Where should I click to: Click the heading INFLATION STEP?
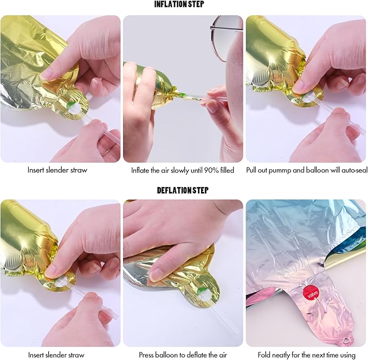click(179, 4)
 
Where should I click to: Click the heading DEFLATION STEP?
click(183, 190)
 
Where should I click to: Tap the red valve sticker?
click(311, 293)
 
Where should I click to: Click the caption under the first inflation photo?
click(57, 170)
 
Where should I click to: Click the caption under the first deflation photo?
click(56, 355)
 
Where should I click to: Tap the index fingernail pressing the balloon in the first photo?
click(47, 74)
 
